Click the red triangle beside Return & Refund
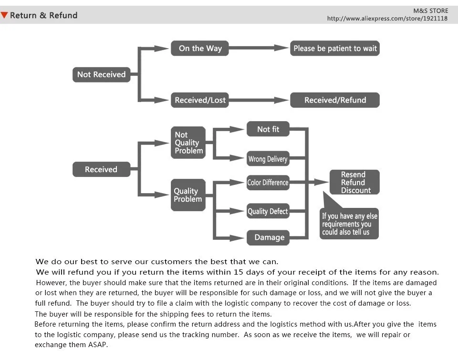click(x=4, y=15)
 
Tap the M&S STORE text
click(x=430, y=11)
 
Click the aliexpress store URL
click(x=387, y=19)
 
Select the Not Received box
click(x=101, y=74)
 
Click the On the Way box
click(x=200, y=48)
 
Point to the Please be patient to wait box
click(x=335, y=48)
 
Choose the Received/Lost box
click(x=200, y=100)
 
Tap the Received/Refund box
click(x=335, y=100)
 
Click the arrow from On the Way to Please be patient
click(x=259, y=48)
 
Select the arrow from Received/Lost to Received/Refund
click(x=259, y=100)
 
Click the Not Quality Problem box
click(x=188, y=143)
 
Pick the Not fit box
click(x=268, y=129)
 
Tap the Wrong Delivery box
click(x=268, y=158)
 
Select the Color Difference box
click(x=268, y=183)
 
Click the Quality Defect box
click(x=268, y=211)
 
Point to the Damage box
click(x=268, y=237)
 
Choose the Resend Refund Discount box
click(x=354, y=182)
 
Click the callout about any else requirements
click(x=349, y=224)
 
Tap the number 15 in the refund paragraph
click(x=239, y=272)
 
